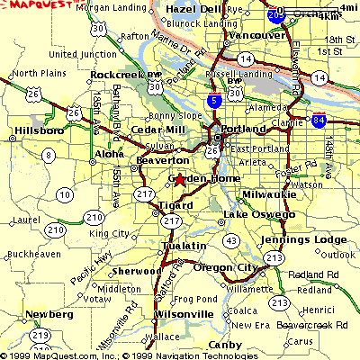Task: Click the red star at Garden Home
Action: click(x=178, y=180)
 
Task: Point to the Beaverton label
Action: click(x=160, y=159)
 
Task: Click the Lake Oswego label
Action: click(x=259, y=215)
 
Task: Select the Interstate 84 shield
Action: click(x=319, y=121)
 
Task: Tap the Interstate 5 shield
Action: click(x=211, y=103)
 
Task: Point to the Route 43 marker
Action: click(x=231, y=239)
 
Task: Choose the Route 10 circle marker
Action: click(x=64, y=193)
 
